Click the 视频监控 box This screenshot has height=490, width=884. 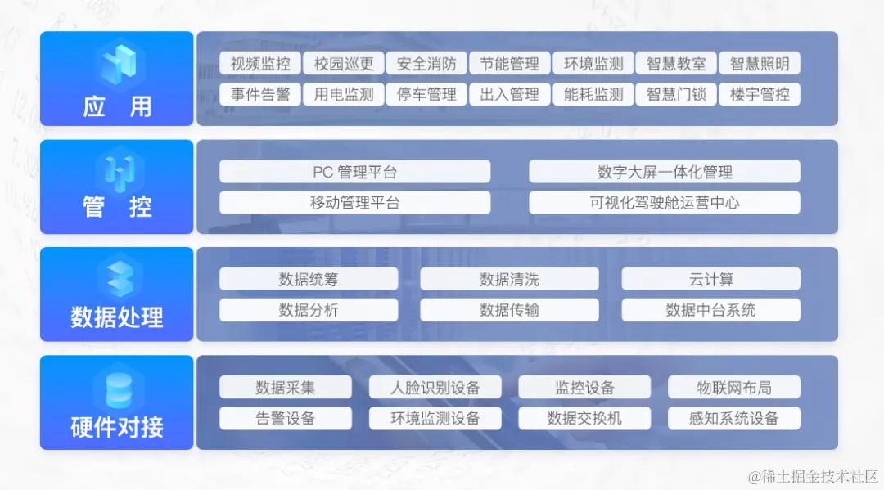260,64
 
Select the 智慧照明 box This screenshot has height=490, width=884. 760,64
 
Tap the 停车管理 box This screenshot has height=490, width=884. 426,94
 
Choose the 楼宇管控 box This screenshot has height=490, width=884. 760,94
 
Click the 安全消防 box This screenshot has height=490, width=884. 426,64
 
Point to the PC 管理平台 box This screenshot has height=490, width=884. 354,172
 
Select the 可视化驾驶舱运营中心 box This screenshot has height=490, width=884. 664,202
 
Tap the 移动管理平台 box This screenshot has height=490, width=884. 354,202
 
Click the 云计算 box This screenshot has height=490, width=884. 710,279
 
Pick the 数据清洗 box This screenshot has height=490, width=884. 509,279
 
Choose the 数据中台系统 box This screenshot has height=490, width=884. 710,310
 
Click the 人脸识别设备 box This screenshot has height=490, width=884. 435,387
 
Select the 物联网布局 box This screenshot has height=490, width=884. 734,387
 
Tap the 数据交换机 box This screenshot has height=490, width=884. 584,418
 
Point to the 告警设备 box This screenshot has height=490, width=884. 285,418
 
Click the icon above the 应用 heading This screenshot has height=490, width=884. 117,63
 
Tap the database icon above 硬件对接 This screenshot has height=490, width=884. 117,388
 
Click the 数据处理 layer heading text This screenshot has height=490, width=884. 117,317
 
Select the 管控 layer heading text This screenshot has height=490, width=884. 117,207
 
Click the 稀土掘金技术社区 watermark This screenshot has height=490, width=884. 814,474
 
